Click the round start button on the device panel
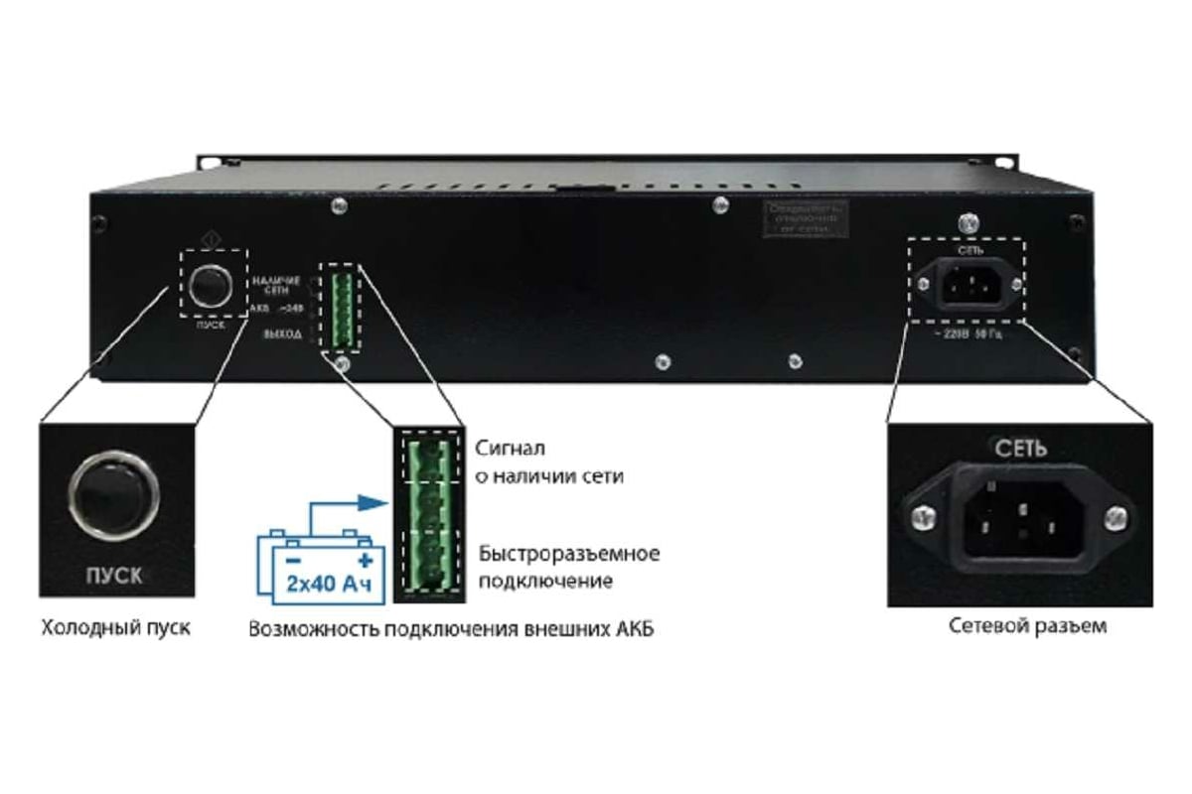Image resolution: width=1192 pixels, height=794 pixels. click(211, 286)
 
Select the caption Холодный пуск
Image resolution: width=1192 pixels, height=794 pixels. click(115, 628)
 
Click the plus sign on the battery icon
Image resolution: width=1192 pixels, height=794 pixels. click(364, 560)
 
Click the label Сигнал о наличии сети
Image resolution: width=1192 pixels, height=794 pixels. click(549, 462)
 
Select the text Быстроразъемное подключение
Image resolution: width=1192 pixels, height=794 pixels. click(568, 566)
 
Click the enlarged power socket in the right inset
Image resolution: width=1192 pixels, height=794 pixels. click(1019, 516)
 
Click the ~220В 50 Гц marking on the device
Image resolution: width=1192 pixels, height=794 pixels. click(967, 332)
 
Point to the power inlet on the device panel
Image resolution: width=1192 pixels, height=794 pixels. click(968, 285)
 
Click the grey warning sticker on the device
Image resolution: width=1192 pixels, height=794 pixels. click(806, 219)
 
